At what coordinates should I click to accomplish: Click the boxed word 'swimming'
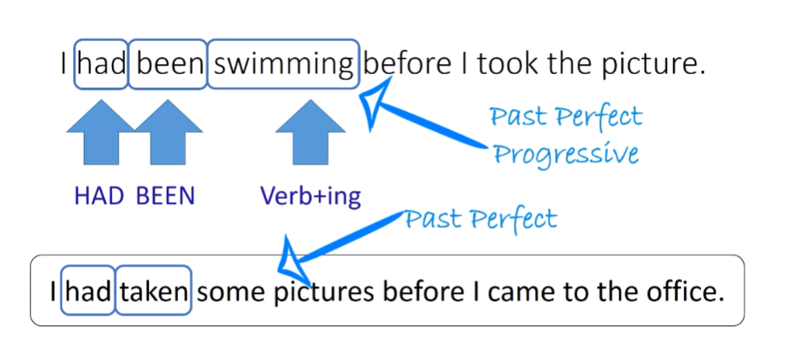pyautogui.click(x=282, y=64)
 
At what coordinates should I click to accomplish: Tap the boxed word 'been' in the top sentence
pyautogui.click(x=168, y=64)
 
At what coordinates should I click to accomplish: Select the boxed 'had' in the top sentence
pyautogui.click(x=101, y=64)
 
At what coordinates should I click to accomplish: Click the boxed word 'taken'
pyautogui.click(x=154, y=292)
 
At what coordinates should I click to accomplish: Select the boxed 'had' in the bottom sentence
pyautogui.click(x=89, y=292)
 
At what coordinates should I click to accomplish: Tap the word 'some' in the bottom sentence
pyautogui.click(x=230, y=292)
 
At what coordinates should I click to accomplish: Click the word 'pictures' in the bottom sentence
pyautogui.click(x=325, y=292)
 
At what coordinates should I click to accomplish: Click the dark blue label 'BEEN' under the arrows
pyautogui.click(x=165, y=197)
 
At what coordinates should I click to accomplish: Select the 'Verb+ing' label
pyautogui.click(x=310, y=197)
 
